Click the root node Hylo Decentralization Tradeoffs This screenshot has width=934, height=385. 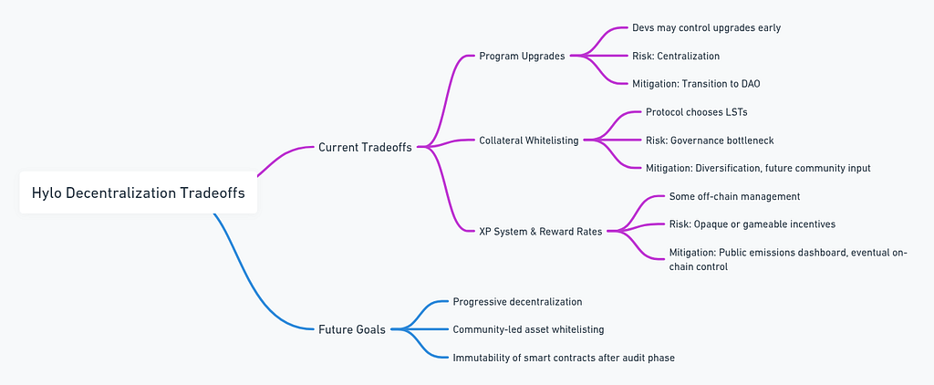pyautogui.click(x=139, y=193)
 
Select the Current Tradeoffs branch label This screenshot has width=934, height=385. pyautogui.click(x=365, y=147)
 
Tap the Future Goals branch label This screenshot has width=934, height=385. pyautogui.click(x=352, y=329)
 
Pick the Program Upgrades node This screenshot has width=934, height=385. pyautogui.click(x=522, y=56)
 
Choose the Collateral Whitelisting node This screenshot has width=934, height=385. pyautogui.click(x=529, y=140)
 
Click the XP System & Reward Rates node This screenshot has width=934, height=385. pyautogui.click(x=540, y=231)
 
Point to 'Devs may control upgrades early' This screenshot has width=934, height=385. pyautogui.click(x=707, y=28)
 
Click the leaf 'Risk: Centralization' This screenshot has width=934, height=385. pyautogui.click(x=676, y=56)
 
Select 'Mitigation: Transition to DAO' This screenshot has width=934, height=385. pyautogui.click(x=696, y=84)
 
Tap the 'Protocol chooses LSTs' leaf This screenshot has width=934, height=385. pyautogui.click(x=696, y=112)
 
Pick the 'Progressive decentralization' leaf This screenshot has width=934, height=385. pyautogui.click(x=518, y=302)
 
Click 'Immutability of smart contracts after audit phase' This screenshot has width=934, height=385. pyautogui.click(x=564, y=359)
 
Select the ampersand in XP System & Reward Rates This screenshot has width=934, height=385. pyautogui.click(x=533, y=231)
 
